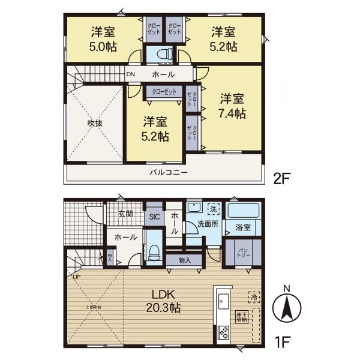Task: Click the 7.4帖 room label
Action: pyautogui.click(x=231, y=112)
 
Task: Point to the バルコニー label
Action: pyautogui.click(x=169, y=172)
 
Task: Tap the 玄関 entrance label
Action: pyautogui.click(x=125, y=214)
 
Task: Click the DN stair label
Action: pyautogui.click(x=131, y=75)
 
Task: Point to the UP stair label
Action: pyautogui.click(x=76, y=277)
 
